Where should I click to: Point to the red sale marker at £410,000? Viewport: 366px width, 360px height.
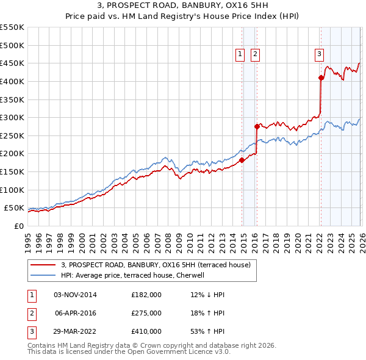(x=321, y=77)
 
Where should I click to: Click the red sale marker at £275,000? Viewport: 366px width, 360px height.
(x=257, y=126)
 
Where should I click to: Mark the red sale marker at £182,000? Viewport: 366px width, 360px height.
(x=242, y=160)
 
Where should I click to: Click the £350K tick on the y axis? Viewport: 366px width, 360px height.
(x=12, y=99)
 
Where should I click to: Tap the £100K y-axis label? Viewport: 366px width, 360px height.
(x=12, y=190)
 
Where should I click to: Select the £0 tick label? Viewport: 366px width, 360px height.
(x=18, y=226)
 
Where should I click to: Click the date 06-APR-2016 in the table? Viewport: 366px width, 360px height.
(x=76, y=312)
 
